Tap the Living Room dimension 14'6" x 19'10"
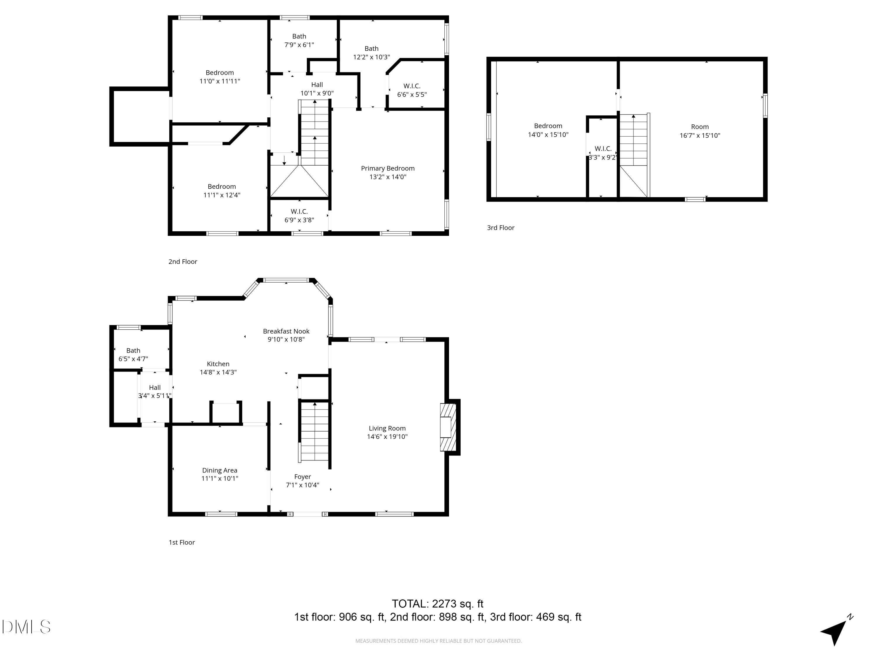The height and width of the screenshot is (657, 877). [x=387, y=437]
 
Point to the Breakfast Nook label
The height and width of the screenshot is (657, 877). [x=286, y=331]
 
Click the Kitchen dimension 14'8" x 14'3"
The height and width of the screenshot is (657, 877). [x=218, y=372]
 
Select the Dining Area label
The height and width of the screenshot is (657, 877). [x=220, y=470]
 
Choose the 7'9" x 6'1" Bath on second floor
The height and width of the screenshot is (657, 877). [x=299, y=40]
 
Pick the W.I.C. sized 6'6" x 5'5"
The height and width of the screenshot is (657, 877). [x=412, y=90]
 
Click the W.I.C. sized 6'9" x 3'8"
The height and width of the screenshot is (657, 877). [x=299, y=216]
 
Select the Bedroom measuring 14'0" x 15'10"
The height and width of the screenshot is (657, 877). [x=548, y=130]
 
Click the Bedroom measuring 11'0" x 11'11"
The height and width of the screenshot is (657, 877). [x=220, y=77]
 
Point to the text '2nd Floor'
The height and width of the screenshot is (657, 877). [x=183, y=262]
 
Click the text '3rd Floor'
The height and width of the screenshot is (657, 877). [x=500, y=228]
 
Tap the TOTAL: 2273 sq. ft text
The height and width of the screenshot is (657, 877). [x=437, y=604]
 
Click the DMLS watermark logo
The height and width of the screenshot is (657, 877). [x=26, y=627]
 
